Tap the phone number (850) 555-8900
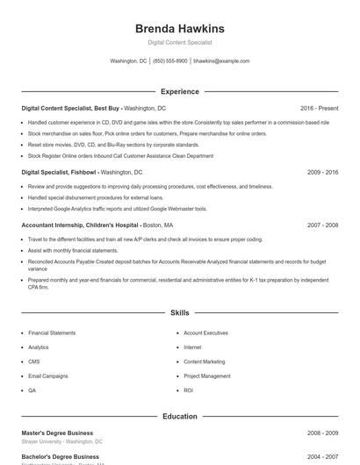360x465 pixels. pos(169,61)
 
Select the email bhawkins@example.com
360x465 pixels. pos(221,61)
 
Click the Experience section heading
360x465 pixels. pos(179,91)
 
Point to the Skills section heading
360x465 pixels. pos(179,312)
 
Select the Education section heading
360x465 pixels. pos(179,417)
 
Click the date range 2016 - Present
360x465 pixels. pos(319,108)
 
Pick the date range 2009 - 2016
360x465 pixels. pos(322,173)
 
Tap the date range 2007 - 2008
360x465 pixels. pos(322,225)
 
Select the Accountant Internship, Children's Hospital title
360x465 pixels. pos(76,225)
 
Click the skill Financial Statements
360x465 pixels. pos(52,333)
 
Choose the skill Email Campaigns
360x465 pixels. pos(47,376)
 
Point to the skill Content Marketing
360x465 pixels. pos(205,361)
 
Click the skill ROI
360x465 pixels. pos(188,390)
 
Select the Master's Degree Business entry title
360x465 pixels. pos(57,433)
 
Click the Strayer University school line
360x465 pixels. pos(61,441)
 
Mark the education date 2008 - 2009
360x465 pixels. pos(322,433)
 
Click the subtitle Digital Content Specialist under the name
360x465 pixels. pos(179,42)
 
